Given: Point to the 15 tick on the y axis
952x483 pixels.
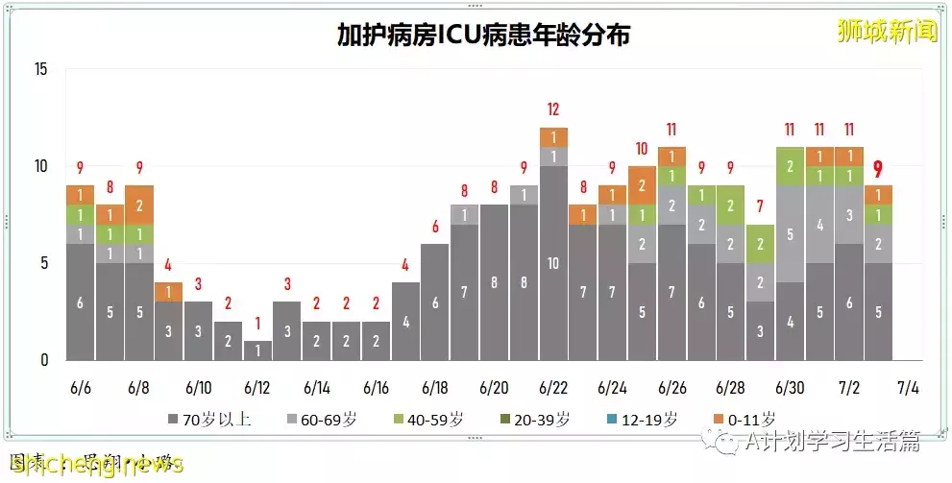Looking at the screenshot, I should pos(40,69).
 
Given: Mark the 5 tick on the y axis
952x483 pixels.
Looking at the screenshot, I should pos(44,263).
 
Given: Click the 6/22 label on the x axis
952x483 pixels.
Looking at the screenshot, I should pos(553,388).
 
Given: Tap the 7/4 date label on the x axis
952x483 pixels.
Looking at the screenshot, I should pos(907,388).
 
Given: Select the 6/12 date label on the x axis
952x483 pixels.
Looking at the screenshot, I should pos(257,388).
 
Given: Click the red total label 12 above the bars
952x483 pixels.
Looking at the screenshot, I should pos(553,109).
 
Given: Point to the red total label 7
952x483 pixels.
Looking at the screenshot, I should pos(760,206).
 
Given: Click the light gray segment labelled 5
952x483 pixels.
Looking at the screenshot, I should pos(790,233).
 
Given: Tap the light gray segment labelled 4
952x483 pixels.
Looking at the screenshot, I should pos(819,225).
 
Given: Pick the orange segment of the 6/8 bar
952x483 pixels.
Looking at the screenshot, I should pos(139,205).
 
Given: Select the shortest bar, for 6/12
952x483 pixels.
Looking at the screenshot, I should pos(257,350).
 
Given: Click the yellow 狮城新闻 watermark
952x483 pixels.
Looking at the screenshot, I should pos(886,33).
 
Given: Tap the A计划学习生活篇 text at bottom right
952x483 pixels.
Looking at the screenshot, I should pos(832,441).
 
